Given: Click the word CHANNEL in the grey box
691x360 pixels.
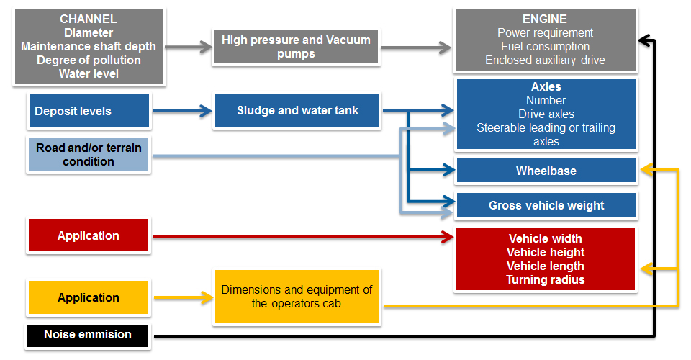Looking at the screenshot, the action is (x=89, y=19).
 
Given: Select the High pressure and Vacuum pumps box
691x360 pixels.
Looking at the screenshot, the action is (x=296, y=47).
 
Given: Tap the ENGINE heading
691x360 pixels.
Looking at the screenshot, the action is (x=545, y=19).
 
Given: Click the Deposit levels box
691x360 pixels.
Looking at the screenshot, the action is (x=89, y=111).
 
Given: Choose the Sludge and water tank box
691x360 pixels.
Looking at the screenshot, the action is (x=297, y=110).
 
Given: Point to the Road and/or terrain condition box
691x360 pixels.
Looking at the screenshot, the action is (x=89, y=154).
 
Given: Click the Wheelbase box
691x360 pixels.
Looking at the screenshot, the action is (x=546, y=171).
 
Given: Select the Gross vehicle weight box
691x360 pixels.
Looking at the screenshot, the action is (x=546, y=205).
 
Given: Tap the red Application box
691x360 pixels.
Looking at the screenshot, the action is (x=89, y=235).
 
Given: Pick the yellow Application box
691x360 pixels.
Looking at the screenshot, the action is (x=89, y=297).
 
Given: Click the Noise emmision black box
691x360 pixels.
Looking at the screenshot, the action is (x=88, y=336).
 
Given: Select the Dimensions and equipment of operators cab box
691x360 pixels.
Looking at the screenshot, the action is (x=297, y=297).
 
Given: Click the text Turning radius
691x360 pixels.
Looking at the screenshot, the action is (x=546, y=280).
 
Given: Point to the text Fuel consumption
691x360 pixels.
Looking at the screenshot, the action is (x=545, y=46).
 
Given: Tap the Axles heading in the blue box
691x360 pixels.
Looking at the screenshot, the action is (x=546, y=86).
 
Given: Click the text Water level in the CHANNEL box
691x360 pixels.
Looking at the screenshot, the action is (x=89, y=73).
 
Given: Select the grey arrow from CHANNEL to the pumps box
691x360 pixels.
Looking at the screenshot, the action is (x=189, y=47).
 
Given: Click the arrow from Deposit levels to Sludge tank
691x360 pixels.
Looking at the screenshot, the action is (x=182, y=111).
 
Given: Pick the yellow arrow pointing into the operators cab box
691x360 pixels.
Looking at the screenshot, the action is (x=184, y=298).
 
